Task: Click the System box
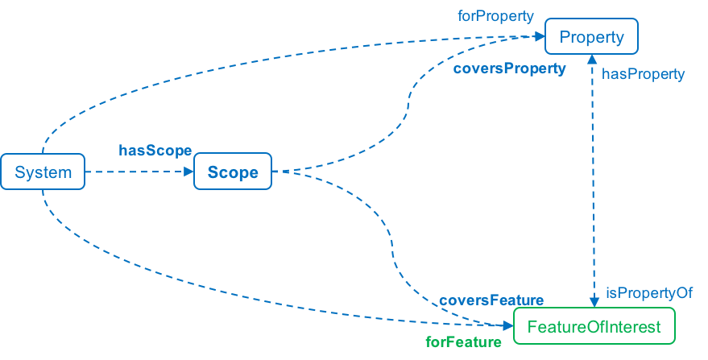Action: click(x=43, y=172)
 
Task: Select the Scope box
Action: click(x=233, y=172)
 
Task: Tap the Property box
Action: click(x=591, y=37)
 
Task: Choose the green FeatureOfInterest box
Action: click(x=594, y=327)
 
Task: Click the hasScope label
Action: click(x=155, y=150)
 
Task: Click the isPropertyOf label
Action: click(x=649, y=293)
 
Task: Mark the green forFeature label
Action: click(x=463, y=341)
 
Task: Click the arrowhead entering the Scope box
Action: click(x=188, y=172)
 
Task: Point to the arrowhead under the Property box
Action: click(x=592, y=60)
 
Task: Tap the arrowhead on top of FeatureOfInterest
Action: click(x=592, y=302)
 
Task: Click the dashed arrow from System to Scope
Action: click(x=137, y=172)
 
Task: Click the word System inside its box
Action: click(x=43, y=172)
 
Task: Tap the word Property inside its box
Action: click(x=591, y=37)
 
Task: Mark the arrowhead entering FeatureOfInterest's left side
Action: click(x=508, y=327)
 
